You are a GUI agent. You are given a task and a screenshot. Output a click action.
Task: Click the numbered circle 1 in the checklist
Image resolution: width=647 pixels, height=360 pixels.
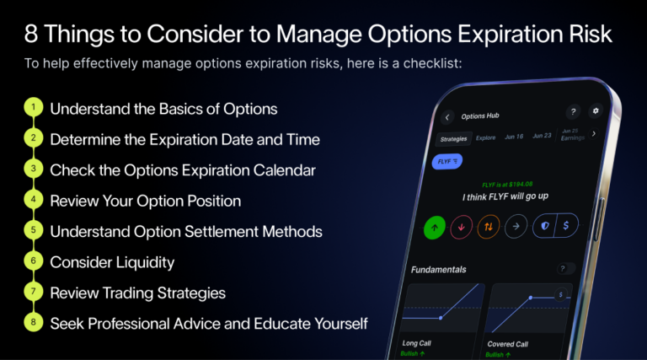(33, 109)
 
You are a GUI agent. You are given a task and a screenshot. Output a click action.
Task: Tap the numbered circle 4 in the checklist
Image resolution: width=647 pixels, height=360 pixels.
(33, 201)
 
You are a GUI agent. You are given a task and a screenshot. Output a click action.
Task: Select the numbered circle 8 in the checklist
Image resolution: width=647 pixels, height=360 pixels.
(33, 323)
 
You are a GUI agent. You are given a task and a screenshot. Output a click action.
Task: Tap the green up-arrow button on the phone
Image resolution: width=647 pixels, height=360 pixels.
(435, 226)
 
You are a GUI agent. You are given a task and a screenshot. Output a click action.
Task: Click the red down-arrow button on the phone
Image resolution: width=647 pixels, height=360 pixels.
(461, 226)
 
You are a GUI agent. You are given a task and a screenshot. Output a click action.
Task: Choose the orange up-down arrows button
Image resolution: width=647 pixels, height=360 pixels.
(488, 226)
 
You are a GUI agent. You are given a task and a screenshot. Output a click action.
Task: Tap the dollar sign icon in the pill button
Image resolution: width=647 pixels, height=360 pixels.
(567, 226)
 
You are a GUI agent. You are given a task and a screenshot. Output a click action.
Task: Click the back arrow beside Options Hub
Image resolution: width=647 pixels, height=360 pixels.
(447, 117)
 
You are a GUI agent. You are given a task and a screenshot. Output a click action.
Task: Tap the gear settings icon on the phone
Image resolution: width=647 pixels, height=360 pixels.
(596, 111)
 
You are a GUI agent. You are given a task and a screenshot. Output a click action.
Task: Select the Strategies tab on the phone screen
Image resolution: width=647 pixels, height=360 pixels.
(455, 137)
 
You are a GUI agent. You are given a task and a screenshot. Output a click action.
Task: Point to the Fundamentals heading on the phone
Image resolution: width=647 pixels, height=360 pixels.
(438, 269)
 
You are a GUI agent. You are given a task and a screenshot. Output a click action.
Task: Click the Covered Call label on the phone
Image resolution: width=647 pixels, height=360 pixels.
(508, 344)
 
